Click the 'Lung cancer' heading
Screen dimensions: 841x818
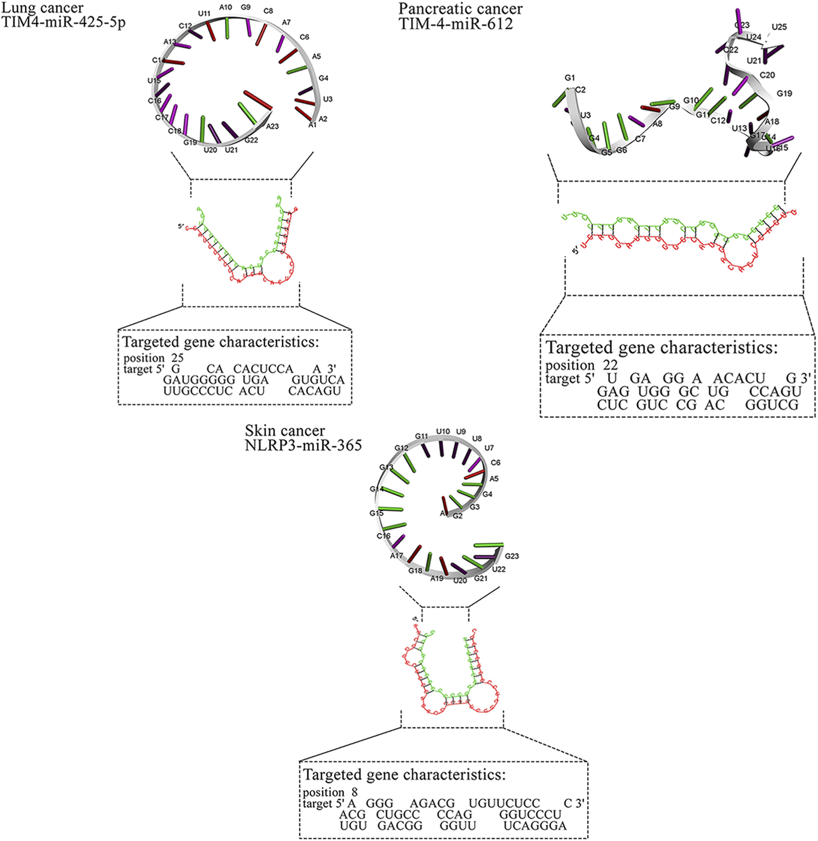pyautogui.click(x=42, y=8)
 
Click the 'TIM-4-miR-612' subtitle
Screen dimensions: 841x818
pyautogui.click(x=455, y=23)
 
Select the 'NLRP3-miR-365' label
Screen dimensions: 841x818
pyautogui.click(x=303, y=445)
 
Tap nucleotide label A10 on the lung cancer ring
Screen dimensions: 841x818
pyautogui.click(x=225, y=7)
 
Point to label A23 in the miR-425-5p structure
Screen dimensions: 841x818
pyautogui.click(x=272, y=127)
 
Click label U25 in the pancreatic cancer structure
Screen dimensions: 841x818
pyautogui.click(x=779, y=27)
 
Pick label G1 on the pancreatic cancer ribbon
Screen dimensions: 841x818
pyautogui.click(x=570, y=78)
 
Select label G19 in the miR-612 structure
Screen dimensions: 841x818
pyautogui.click(x=784, y=93)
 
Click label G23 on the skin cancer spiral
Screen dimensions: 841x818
pyautogui.click(x=512, y=556)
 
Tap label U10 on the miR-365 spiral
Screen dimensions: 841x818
pyautogui.click(x=443, y=431)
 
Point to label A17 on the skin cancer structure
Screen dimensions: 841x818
pyautogui.click(x=396, y=556)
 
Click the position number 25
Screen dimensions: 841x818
pyautogui.click(x=177, y=358)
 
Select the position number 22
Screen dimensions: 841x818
pyautogui.click(x=610, y=365)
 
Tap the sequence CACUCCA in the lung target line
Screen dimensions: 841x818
pyautogui.click(x=263, y=369)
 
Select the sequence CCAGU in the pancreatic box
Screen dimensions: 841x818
pyautogui.click(x=775, y=391)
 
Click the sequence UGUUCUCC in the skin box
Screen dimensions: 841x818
pyautogui.click(x=504, y=804)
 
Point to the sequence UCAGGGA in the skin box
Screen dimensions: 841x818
pyautogui.click(x=535, y=826)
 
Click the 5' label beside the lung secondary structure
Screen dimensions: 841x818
pyautogui.click(x=181, y=227)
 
